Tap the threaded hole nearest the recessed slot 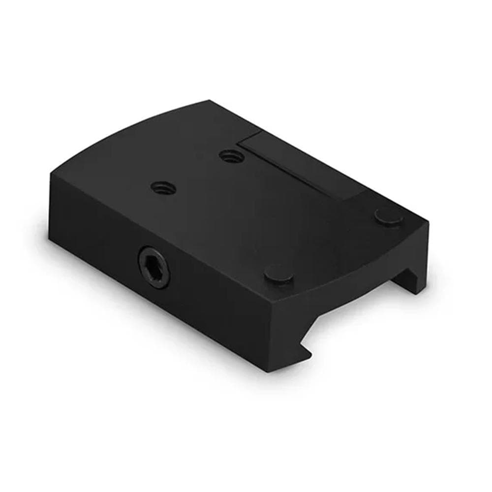point(227,156)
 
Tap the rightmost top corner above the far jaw point(428,221)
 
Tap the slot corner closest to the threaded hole point(241,143)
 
